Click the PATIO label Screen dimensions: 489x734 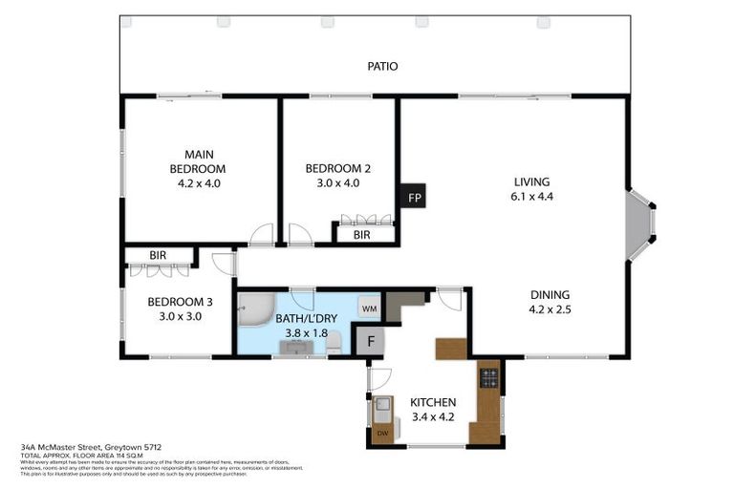pos(382,67)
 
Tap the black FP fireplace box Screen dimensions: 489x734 pos(414,198)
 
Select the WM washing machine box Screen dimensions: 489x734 pos(369,309)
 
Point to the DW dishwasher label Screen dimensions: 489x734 pos(383,434)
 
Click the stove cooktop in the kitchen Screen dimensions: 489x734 pos(488,378)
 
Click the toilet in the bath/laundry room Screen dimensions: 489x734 pos(334,347)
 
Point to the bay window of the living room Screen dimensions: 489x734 pos(639,224)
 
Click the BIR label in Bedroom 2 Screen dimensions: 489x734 pos(361,234)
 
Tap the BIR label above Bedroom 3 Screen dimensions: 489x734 pos(158,256)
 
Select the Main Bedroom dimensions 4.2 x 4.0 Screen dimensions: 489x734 pos(199,183)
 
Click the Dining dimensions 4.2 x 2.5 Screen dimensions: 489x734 pos(550,309)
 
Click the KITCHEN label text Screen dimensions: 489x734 pos(433,402)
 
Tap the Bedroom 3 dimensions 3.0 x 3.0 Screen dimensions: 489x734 pos(174,317)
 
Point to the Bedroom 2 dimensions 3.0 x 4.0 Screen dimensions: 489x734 pos(337,183)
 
